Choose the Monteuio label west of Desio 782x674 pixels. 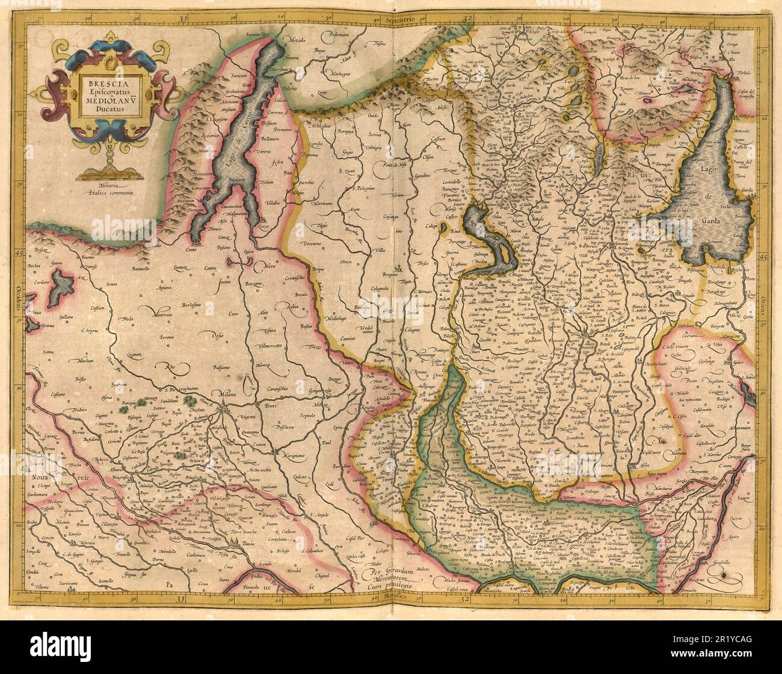click(152, 314)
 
